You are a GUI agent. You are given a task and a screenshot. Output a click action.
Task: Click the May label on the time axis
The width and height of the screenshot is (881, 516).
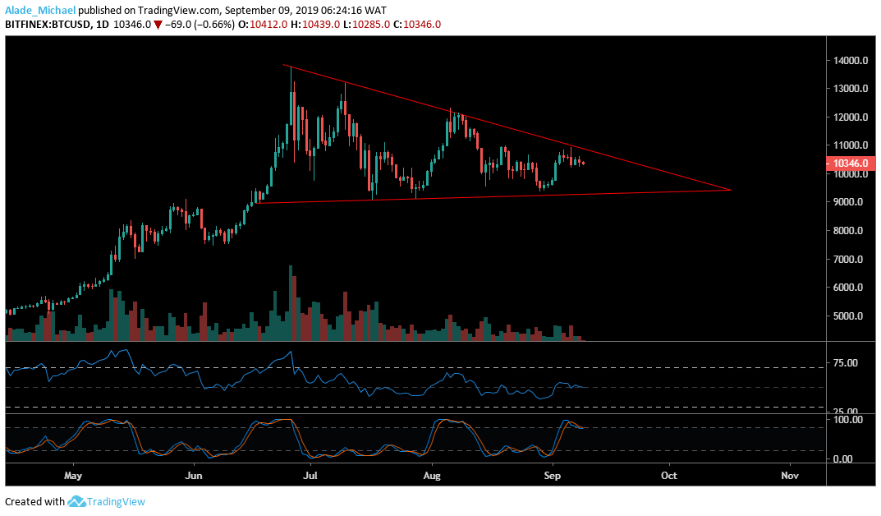pyautogui.click(x=73, y=476)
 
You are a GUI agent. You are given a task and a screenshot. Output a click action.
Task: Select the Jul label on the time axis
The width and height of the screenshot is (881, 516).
pyautogui.click(x=310, y=476)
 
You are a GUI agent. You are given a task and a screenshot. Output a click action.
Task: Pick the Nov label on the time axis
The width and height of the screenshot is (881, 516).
pyautogui.click(x=790, y=476)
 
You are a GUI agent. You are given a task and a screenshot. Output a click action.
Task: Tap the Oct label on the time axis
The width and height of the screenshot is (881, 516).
pyautogui.click(x=669, y=476)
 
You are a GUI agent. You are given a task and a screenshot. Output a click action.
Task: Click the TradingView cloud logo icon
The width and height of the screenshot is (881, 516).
pyautogui.click(x=77, y=501)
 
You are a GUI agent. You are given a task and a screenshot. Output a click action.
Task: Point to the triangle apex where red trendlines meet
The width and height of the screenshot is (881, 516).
pyautogui.click(x=730, y=190)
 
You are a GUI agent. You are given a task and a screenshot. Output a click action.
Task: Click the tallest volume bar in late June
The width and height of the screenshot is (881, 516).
pyautogui.click(x=290, y=302)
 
